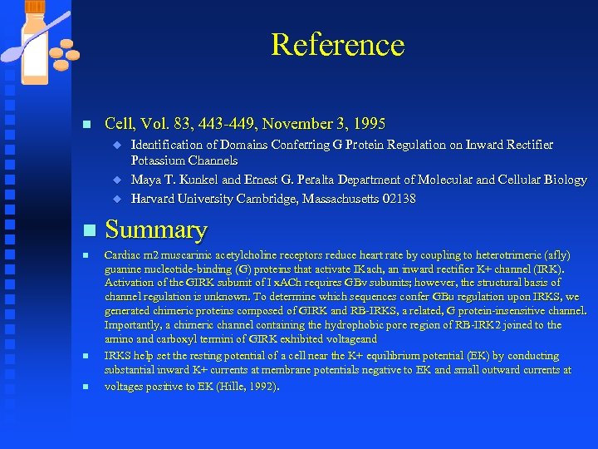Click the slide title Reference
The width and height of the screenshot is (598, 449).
(337, 45)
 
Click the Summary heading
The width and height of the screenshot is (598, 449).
(156, 229)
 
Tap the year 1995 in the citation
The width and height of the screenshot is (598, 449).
(370, 124)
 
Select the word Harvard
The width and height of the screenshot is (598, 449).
(154, 199)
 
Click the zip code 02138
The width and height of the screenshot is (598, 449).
(399, 199)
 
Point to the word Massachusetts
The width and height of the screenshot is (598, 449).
(340, 199)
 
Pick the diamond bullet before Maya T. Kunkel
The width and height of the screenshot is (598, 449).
(117, 180)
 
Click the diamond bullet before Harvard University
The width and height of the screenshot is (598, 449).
(117, 199)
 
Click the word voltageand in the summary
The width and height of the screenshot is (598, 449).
(350, 339)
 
